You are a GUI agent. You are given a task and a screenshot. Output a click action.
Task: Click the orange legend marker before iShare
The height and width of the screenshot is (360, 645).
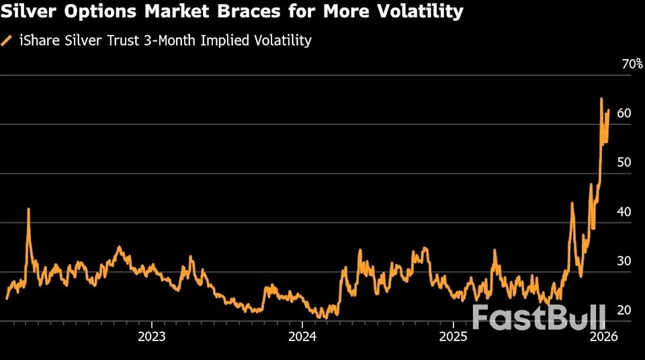click(7, 40)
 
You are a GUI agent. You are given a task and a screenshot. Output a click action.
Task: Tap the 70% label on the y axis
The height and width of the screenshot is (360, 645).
click(632, 64)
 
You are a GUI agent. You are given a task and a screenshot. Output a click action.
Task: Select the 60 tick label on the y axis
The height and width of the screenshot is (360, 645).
click(623, 114)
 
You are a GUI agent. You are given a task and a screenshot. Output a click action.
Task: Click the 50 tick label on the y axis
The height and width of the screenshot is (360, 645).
click(623, 163)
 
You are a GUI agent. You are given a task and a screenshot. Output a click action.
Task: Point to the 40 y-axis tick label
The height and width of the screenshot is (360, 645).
click(623, 212)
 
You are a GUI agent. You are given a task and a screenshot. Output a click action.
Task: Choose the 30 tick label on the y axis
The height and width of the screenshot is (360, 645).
click(623, 261)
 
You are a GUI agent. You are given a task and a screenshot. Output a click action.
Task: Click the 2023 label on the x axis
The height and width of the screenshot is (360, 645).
click(152, 336)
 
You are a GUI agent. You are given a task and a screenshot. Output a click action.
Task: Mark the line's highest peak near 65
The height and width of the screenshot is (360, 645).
click(601, 99)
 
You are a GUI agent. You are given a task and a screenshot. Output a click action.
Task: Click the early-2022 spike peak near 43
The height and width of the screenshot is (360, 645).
click(28, 209)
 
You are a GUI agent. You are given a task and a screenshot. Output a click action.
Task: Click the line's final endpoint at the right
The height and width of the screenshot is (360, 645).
click(609, 110)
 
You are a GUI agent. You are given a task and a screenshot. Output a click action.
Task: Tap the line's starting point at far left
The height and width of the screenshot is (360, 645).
click(7, 298)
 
